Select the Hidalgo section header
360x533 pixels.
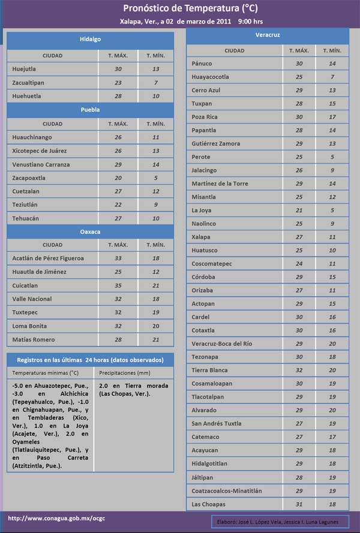click(x=90, y=39)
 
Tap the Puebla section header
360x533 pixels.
click(x=90, y=110)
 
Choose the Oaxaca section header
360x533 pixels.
click(x=90, y=231)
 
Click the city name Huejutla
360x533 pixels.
click(x=24, y=69)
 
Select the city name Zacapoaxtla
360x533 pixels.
click(x=29, y=178)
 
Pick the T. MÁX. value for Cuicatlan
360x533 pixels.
click(x=118, y=285)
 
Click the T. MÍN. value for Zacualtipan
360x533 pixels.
click(x=155, y=82)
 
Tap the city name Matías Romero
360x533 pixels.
click(x=33, y=339)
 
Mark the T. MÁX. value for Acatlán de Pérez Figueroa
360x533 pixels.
click(x=118, y=258)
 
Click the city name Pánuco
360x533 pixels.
click(x=202, y=63)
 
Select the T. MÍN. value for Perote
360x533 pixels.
click(x=332, y=156)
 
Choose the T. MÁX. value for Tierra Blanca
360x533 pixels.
click(x=299, y=370)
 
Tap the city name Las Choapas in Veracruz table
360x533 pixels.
click(x=209, y=504)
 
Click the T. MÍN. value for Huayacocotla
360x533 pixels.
click(x=332, y=77)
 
